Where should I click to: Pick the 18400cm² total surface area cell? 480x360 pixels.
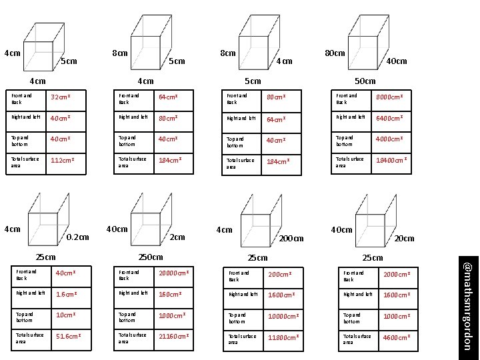click(392, 161)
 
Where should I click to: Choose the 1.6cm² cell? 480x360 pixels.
click(65, 293)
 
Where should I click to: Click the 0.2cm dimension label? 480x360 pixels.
click(78, 237)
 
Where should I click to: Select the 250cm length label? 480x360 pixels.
click(149, 257)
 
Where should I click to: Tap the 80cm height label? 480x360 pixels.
click(335, 52)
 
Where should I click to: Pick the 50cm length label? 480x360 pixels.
click(364, 81)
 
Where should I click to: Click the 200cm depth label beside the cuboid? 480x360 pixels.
click(291, 239)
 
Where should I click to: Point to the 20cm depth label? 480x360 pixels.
click(404, 239)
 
